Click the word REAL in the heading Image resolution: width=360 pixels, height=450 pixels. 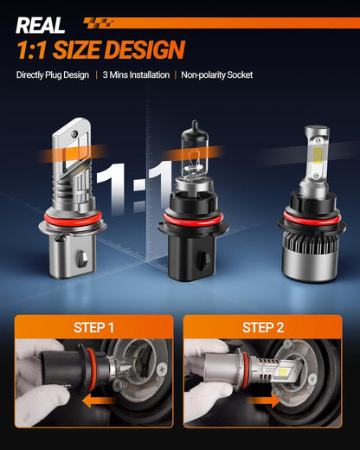[41, 25]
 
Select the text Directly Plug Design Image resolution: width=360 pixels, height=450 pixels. [53, 75]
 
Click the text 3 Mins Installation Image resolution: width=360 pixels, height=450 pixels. [136, 75]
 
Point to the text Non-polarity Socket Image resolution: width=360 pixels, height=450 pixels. [217, 75]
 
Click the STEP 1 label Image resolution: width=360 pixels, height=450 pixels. [93, 327]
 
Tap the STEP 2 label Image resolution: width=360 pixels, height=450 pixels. [263, 327]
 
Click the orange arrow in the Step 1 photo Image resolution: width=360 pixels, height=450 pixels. [99, 401]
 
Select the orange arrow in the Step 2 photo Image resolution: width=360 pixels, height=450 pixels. [264, 401]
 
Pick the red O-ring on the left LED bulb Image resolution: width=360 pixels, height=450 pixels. [73, 219]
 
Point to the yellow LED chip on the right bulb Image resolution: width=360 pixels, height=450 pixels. [318, 155]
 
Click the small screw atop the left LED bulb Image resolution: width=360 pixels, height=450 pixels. [74, 133]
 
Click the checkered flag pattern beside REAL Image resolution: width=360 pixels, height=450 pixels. [98, 23]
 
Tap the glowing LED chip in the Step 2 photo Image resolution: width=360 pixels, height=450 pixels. [283, 372]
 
